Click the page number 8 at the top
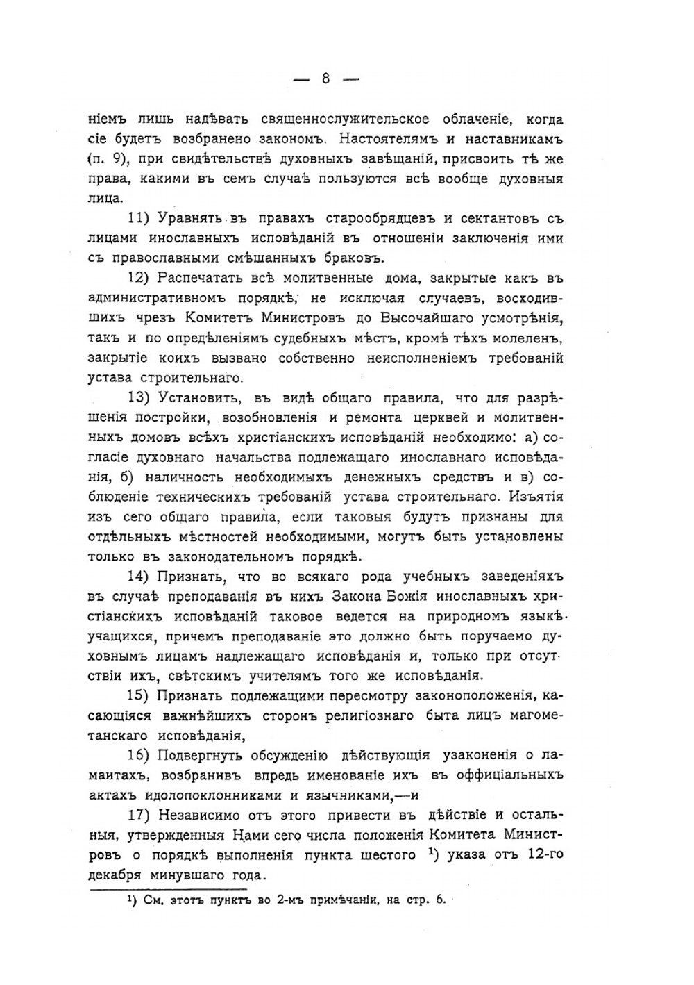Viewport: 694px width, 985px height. pos(325,79)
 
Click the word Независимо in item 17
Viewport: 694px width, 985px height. pos(202,815)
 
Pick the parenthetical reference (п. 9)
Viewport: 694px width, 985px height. pos(108,159)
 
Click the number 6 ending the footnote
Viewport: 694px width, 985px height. pos(439,900)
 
